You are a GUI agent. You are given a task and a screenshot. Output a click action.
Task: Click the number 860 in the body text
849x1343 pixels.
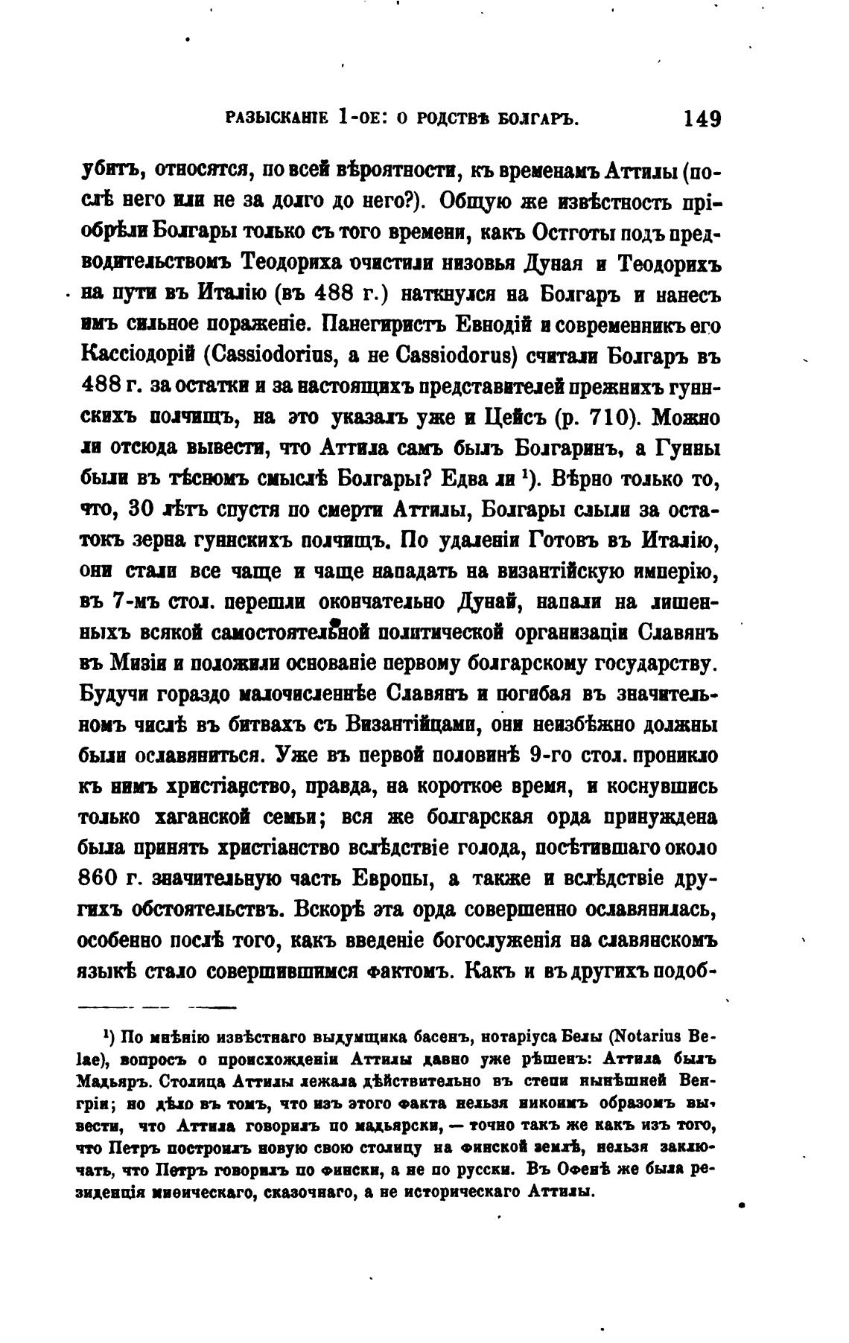click(102, 879)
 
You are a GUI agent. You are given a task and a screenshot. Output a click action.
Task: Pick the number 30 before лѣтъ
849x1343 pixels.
click(141, 511)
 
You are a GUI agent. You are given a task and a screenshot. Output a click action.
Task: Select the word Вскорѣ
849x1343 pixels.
click(332, 910)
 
